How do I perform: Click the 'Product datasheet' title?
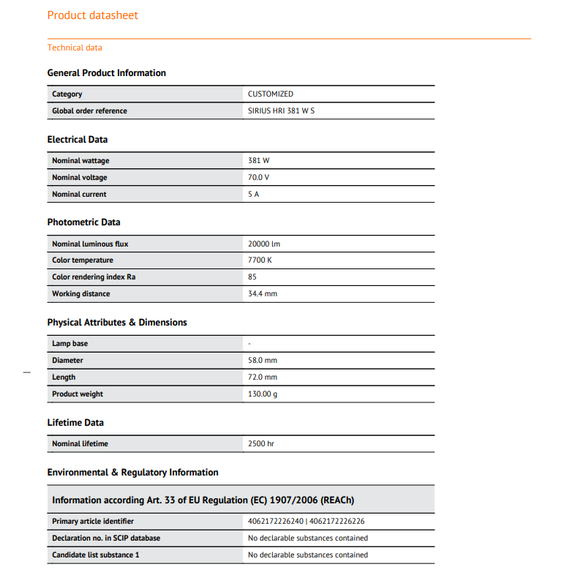click(x=93, y=15)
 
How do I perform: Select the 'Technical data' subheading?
click(x=75, y=48)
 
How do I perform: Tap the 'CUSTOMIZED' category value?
click(x=271, y=94)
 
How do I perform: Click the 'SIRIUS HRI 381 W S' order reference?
click(x=281, y=111)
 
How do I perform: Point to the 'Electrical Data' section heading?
click(x=78, y=140)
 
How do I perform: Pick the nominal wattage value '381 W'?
click(x=259, y=161)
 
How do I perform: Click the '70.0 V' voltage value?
click(x=259, y=178)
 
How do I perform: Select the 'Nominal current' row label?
click(x=79, y=195)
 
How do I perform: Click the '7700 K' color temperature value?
click(x=260, y=260)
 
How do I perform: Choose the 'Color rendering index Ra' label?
click(x=94, y=277)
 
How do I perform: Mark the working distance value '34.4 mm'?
click(x=263, y=294)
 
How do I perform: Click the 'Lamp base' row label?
click(x=69, y=344)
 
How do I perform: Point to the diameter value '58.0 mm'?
click(x=263, y=361)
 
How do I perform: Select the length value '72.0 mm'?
click(x=263, y=377)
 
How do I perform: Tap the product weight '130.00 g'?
click(x=263, y=394)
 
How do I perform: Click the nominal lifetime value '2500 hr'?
click(x=261, y=444)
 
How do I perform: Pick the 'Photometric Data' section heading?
click(x=83, y=222)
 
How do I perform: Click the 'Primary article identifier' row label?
click(x=93, y=522)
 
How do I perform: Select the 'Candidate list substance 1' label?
click(x=96, y=555)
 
